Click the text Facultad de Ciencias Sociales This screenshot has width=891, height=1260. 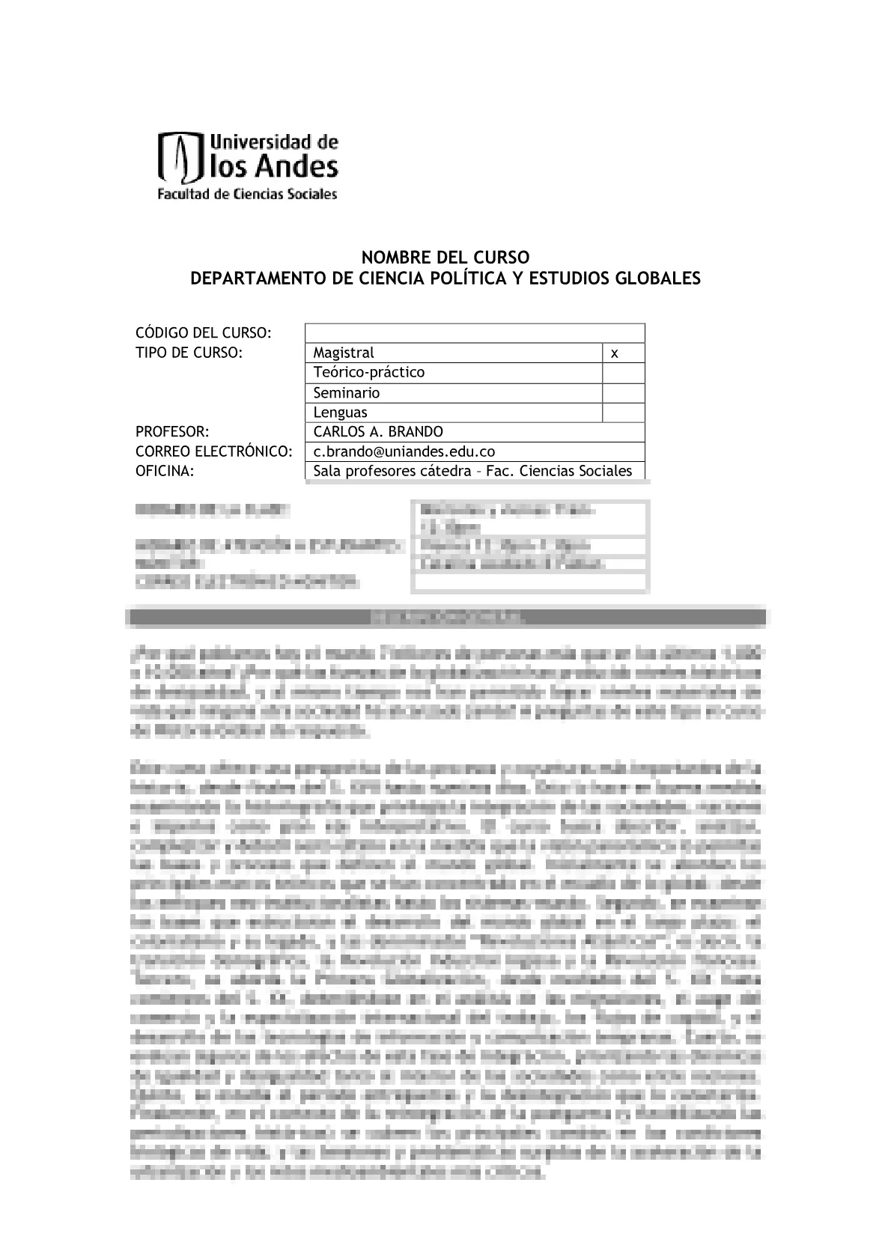coord(246,195)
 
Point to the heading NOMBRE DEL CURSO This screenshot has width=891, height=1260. coord(445,258)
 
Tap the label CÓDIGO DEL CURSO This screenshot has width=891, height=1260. coord(203,332)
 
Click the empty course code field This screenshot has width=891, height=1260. coord(475,333)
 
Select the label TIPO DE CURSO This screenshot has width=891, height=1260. coord(189,353)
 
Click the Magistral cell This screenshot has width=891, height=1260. coord(344,353)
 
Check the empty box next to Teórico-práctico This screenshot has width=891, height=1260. coord(623,373)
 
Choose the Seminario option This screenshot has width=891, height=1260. coord(347,393)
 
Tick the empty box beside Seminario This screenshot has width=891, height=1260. coord(623,393)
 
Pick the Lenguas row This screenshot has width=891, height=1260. coord(341,413)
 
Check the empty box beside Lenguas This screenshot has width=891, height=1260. coord(623,413)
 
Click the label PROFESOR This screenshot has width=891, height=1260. coord(171,432)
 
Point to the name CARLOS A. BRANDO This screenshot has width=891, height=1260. coord(378,432)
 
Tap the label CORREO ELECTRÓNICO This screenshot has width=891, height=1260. coord(213,451)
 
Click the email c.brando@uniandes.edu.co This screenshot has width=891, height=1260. coord(404,451)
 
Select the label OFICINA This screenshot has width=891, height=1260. coord(165,471)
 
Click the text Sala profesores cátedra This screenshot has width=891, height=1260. coord(395,471)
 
